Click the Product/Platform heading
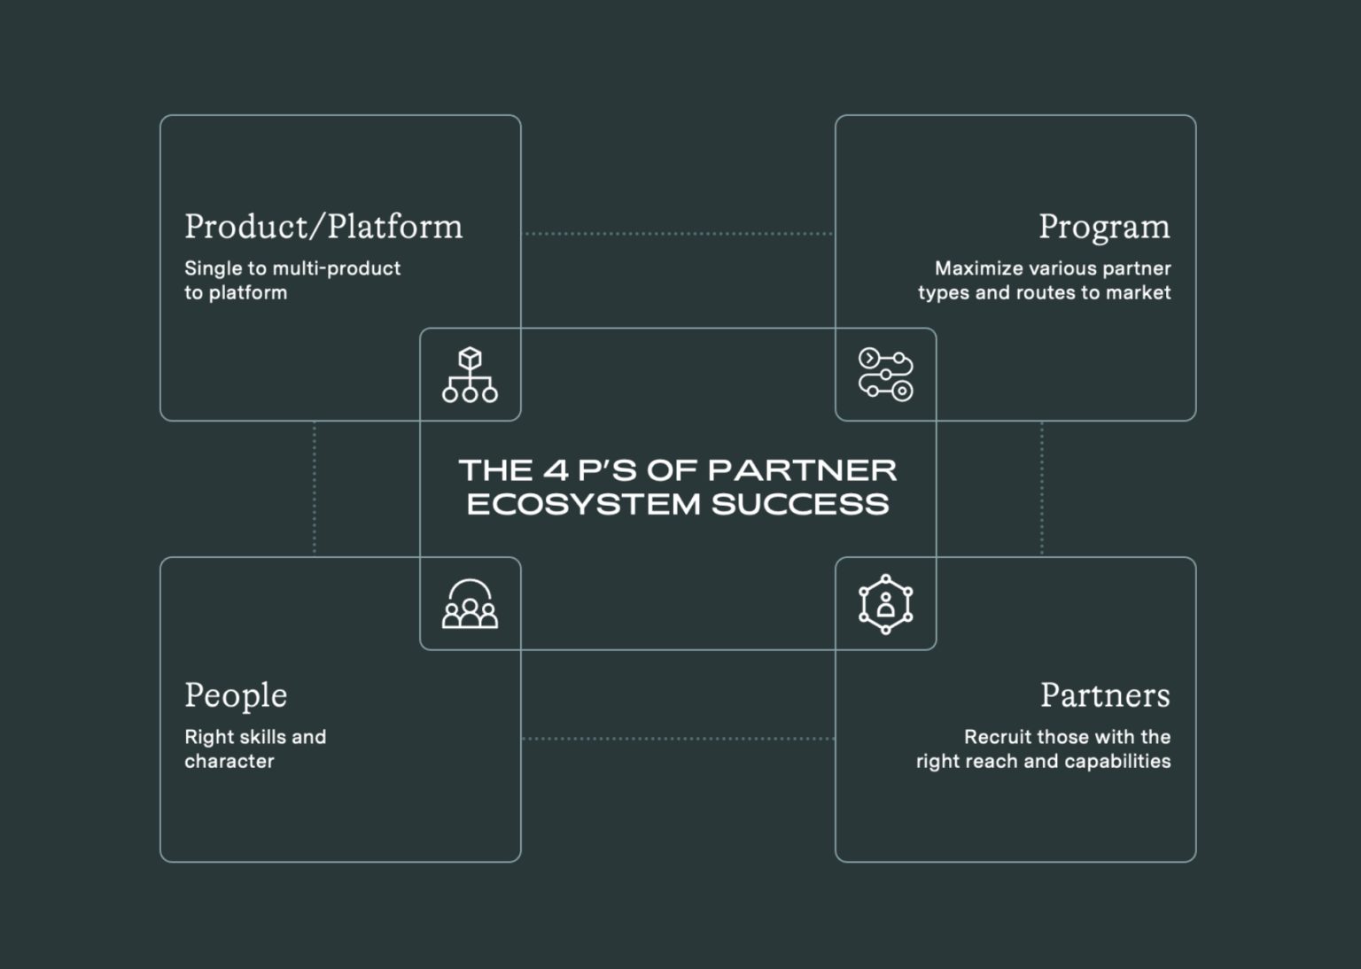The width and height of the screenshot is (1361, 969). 323,227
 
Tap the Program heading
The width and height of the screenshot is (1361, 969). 1104,227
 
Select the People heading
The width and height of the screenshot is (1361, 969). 236,695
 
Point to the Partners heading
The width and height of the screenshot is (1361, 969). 1105,695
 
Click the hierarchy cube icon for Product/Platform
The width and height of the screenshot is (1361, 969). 470,375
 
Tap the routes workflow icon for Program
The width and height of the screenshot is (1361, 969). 885,375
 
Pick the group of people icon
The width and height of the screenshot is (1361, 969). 470,604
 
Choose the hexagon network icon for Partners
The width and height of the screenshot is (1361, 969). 885,604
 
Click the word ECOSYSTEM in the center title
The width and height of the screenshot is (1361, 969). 584,504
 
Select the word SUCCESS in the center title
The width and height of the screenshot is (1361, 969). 800,504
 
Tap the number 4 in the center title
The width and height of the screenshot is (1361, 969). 555,469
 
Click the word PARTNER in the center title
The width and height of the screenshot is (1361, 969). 803,469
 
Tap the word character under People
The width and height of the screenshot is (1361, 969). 229,761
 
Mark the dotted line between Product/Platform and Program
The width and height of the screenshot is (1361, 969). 678,234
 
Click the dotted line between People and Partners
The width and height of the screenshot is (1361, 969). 678,738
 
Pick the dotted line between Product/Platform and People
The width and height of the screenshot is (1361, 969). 315,488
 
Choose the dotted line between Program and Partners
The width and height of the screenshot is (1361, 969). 1042,488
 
